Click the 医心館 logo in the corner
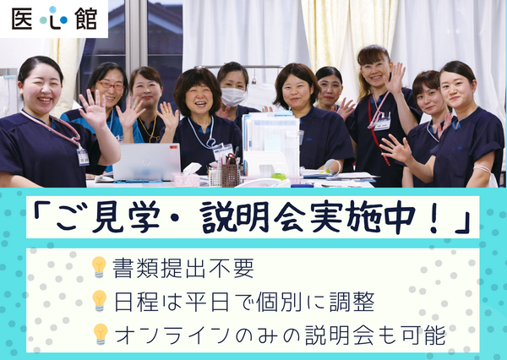(54, 19)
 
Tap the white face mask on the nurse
(232, 96)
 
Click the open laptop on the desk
(146, 161)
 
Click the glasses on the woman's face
(111, 85)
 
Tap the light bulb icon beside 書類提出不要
(100, 267)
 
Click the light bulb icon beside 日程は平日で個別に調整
(100, 300)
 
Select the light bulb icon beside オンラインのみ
(100, 334)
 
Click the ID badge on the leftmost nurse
(83, 156)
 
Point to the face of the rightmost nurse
(455, 88)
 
